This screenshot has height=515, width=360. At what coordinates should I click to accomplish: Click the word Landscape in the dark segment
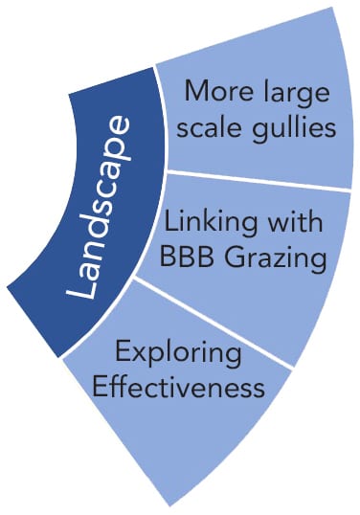click(99, 207)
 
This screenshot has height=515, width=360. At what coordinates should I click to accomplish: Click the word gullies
click(294, 129)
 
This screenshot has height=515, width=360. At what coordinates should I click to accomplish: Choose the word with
click(295, 221)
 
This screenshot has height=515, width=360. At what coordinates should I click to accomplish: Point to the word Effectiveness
click(178, 387)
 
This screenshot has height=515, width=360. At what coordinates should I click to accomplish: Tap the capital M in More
click(196, 91)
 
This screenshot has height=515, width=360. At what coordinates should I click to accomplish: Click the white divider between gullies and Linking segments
click(259, 180)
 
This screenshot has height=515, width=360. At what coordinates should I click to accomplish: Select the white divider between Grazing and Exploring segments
click(214, 324)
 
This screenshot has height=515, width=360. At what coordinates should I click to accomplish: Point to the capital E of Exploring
click(123, 351)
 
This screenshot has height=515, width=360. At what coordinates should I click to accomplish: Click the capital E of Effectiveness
click(101, 387)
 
